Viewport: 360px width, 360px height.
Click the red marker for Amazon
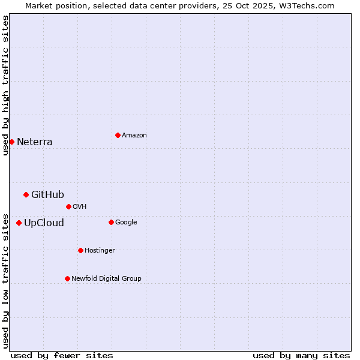click(x=118, y=135)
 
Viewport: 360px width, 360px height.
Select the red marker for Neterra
click(x=11, y=142)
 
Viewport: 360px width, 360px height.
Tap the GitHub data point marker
click(x=26, y=194)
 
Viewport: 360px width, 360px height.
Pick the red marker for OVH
click(x=68, y=206)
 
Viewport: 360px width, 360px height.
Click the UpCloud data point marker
click(x=19, y=223)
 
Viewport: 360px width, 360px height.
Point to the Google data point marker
click(x=111, y=222)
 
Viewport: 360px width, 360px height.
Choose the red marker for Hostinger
click(x=80, y=250)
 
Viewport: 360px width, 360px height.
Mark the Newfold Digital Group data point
click(x=67, y=278)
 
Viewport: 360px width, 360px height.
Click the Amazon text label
click(x=134, y=136)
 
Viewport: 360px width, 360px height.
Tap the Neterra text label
click(x=35, y=142)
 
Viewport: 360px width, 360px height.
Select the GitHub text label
click(x=47, y=194)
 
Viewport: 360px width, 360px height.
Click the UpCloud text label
click(x=44, y=223)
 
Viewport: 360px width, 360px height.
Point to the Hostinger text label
click(x=100, y=250)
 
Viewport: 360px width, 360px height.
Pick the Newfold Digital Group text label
click(x=106, y=278)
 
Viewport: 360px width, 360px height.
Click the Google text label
click(x=126, y=222)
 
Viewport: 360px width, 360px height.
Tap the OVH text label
click(x=80, y=206)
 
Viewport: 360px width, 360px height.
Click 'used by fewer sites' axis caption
click(x=62, y=355)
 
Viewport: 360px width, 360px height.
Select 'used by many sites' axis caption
click(x=301, y=355)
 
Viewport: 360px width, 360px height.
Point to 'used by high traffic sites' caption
click(x=5, y=85)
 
